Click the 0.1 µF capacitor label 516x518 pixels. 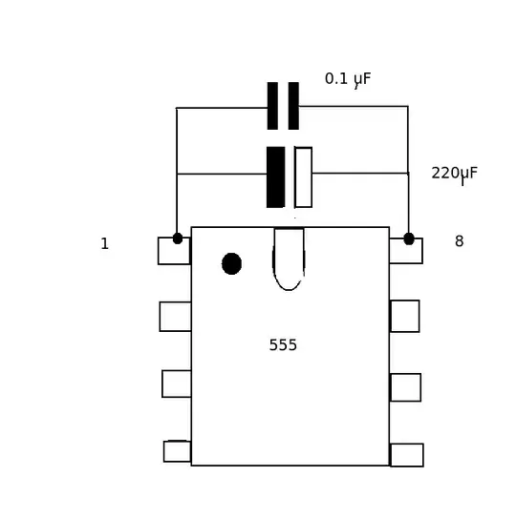348,80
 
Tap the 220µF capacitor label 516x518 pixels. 455,175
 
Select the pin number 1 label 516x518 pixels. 104,244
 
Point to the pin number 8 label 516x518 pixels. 459,241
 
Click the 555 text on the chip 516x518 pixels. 283,345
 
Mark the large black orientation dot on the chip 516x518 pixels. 231,263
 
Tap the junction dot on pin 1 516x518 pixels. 178,238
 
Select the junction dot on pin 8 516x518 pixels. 409,238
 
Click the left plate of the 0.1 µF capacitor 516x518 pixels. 272,106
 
